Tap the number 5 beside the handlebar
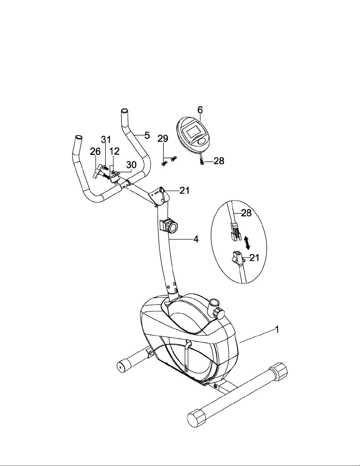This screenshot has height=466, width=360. coord(147,135)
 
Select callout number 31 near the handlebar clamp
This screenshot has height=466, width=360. coord(106,140)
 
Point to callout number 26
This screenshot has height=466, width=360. coord(95,152)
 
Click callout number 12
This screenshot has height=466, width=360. coord(114,151)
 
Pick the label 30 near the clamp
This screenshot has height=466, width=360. coord(131,165)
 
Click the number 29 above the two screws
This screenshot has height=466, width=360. coord(163,138)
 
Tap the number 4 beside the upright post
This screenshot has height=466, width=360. coord(196,239)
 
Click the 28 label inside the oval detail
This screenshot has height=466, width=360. coord(246,213)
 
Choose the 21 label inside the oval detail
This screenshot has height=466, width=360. coord(254,258)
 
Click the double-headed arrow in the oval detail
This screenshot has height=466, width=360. coord(247,243)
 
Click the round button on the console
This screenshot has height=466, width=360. coord(201,142)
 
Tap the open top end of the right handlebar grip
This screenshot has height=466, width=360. coord(124,111)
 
